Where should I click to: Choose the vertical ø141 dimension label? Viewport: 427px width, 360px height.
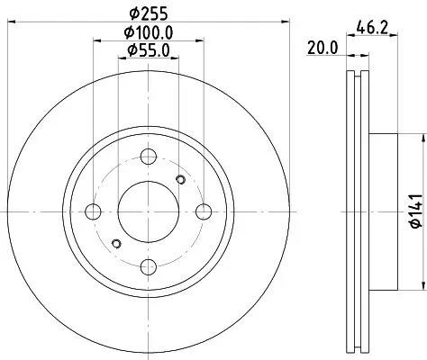click(x=413, y=211)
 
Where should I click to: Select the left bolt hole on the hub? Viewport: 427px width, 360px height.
click(x=92, y=211)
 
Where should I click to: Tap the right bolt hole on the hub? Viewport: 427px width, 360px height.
click(x=204, y=211)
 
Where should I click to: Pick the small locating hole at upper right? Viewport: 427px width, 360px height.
click(x=180, y=181)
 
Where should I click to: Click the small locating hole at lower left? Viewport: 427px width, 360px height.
click(x=115, y=243)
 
